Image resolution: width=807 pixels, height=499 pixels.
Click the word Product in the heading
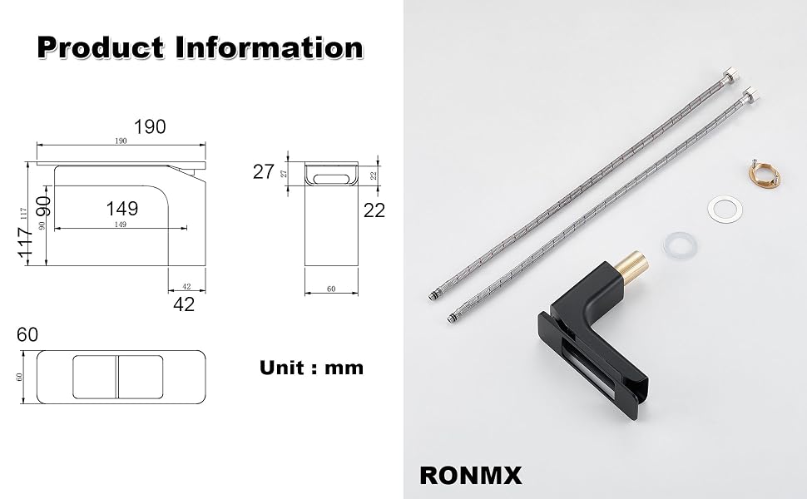pyautogui.click(x=101, y=48)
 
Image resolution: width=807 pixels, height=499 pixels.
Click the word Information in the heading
pyautogui.click(x=270, y=47)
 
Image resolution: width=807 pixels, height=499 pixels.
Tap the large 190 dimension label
pyautogui.click(x=150, y=126)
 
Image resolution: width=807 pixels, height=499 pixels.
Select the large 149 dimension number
pyautogui.click(x=122, y=209)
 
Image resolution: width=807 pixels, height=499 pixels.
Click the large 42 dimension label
pyautogui.click(x=184, y=304)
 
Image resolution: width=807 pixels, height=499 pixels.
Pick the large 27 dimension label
pyautogui.click(x=264, y=172)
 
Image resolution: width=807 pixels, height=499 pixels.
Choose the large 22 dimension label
pyautogui.click(x=374, y=210)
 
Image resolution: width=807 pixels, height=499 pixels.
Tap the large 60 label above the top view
pyautogui.click(x=27, y=335)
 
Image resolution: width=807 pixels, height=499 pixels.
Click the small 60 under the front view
pyautogui.click(x=331, y=289)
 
